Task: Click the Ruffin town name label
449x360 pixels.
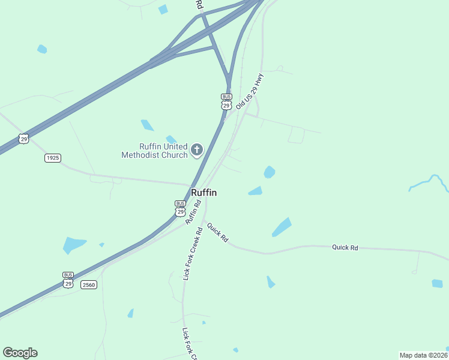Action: coord(203,193)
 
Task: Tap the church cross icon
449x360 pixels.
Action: coord(197,149)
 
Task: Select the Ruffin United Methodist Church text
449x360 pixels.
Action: coord(155,150)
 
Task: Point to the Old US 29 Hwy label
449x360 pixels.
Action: coord(250,91)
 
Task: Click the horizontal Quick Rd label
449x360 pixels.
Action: coord(345,247)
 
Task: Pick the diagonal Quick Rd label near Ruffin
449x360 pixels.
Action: coord(217,232)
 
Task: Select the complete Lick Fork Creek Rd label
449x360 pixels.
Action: coord(193,254)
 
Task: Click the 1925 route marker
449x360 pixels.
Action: coord(53,158)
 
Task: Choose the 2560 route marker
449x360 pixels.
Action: coord(89,284)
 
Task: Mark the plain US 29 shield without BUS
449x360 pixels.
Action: coord(23,139)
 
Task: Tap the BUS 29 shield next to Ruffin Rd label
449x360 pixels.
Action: coord(180,208)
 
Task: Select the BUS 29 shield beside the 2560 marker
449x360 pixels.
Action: coord(68,280)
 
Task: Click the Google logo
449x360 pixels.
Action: coord(20,353)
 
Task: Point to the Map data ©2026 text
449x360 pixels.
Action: coord(423,355)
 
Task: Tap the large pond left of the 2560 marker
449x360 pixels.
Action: coord(74,245)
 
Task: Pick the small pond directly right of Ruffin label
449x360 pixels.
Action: coord(256,191)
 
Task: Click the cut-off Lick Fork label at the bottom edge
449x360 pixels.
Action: coord(190,344)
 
